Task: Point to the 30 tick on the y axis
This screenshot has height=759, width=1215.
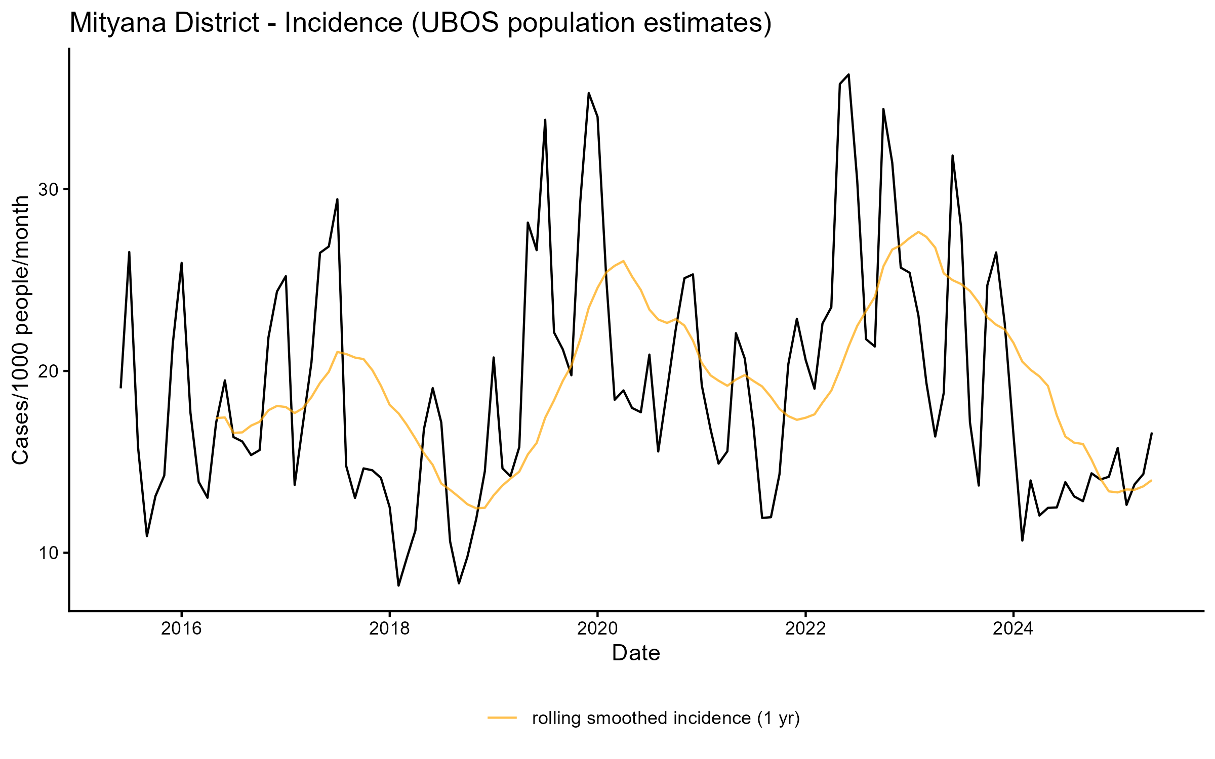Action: coord(49,190)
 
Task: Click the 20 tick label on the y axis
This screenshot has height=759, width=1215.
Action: coord(49,371)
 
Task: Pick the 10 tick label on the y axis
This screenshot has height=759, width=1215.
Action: coord(49,553)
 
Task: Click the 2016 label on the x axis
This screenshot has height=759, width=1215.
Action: coord(181,628)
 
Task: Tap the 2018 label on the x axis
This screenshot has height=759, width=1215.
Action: coord(389,628)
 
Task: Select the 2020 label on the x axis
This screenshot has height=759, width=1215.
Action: coord(597,628)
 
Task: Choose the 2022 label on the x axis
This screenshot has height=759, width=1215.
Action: coord(805,628)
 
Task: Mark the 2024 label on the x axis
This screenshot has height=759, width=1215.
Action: coord(1013,628)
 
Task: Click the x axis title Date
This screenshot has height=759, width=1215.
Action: coord(636,653)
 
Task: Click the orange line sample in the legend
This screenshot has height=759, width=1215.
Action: coord(502,718)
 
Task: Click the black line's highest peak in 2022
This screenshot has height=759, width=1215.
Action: coord(848,74)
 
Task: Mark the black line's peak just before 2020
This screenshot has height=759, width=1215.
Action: coord(589,93)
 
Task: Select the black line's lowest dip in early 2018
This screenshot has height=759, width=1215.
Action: coord(398,585)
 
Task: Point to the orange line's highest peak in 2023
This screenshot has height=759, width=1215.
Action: coord(918,232)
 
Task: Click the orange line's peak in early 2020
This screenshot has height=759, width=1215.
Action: coord(623,261)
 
